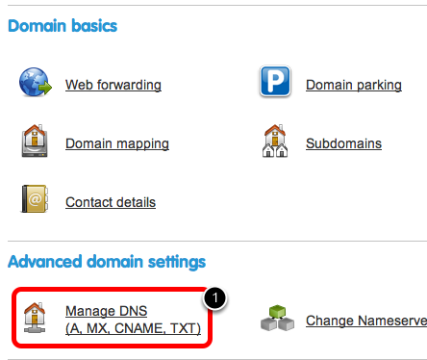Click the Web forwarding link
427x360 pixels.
click(113, 85)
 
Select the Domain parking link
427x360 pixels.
click(354, 85)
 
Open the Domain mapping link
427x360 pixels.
click(117, 143)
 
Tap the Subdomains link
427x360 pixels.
click(343, 143)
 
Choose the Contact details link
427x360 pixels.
click(111, 202)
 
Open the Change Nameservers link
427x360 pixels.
click(366, 321)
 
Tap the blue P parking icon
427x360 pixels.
click(275, 81)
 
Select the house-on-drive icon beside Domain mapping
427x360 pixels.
click(35, 141)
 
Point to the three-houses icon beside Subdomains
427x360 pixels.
click(275, 141)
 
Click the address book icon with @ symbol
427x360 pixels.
click(35, 198)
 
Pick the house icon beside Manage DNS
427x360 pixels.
click(35, 318)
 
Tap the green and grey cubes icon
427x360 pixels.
click(277, 319)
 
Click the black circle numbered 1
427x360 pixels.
click(214, 298)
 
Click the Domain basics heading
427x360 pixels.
click(63, 26)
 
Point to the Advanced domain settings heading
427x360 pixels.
click(107, 262)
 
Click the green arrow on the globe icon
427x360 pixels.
click(46, 88)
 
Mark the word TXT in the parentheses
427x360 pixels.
click(184, 328)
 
